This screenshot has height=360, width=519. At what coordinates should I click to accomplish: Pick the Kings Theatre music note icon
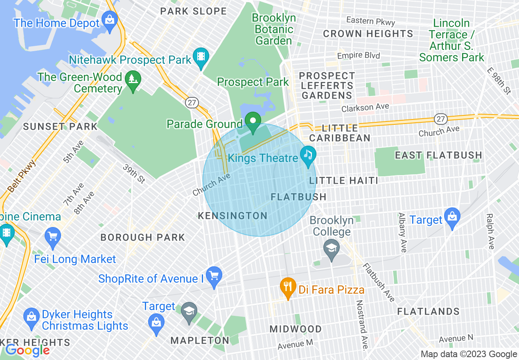[x=308, y=155]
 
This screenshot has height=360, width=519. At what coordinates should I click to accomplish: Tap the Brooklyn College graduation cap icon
[x=331, y=247]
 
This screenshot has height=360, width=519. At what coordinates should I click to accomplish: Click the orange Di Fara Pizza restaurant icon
[x=288, y=286]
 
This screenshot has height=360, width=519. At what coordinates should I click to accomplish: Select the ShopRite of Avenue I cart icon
[x=214, y=274]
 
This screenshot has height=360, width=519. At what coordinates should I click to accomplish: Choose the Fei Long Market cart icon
[x=53, y=236]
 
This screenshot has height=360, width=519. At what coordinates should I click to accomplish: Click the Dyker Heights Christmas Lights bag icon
[x=31, y=316]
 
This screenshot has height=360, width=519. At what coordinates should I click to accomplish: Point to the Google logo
[x=27, y=350]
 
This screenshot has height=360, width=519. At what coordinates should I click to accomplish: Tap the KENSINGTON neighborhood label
[x=232, y=216]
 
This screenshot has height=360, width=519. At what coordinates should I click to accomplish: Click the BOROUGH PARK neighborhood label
[x=143, y=237]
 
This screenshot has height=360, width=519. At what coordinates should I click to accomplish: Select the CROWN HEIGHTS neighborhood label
[x=368, y=34]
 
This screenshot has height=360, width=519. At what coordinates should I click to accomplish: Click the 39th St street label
[x=134, y=174]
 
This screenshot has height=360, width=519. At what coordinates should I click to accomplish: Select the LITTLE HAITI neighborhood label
[x=343, y=180]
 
